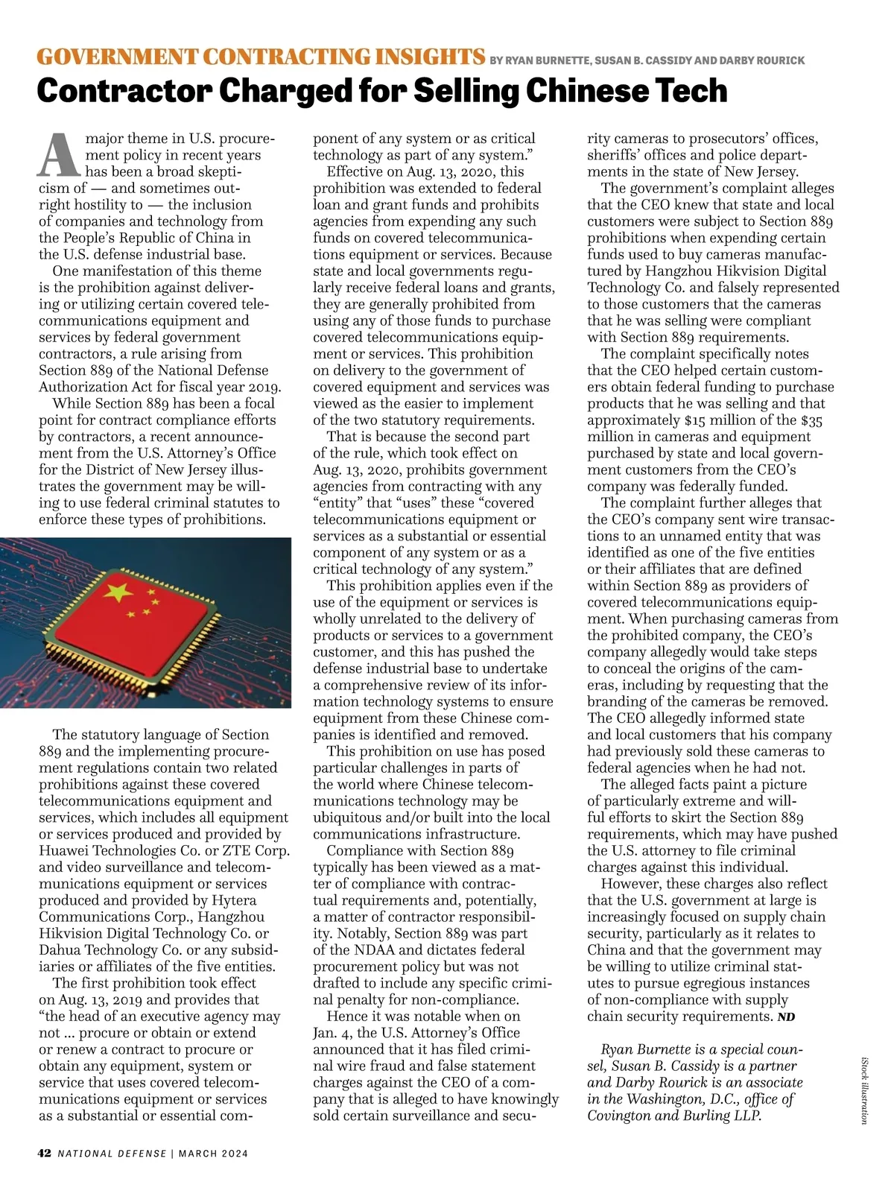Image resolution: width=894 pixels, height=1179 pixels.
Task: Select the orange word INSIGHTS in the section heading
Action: [419, 57]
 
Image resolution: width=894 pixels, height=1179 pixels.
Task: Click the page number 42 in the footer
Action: [45, 1153]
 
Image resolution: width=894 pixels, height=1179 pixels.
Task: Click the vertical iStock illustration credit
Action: [865, 1089]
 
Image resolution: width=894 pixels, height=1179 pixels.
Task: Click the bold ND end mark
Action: [786, 1017]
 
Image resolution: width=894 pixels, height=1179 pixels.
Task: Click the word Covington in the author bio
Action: [618, 1116]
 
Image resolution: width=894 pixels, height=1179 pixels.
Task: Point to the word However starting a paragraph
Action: [630, 884]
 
